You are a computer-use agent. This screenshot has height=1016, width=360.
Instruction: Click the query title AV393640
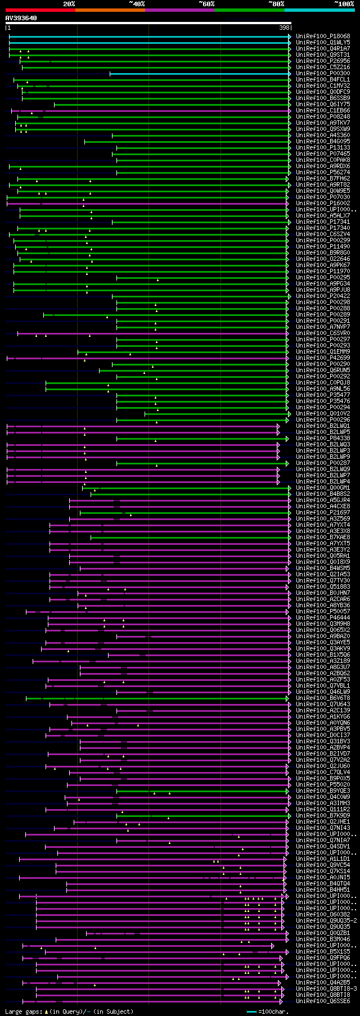point(21,18)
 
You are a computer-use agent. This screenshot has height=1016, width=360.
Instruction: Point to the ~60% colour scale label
point(206,4)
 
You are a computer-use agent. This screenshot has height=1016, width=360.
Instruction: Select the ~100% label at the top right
point(344,4)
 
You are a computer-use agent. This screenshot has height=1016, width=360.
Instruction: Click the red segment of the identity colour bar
point(40,10)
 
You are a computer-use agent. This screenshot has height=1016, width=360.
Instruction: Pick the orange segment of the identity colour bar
point(110,10)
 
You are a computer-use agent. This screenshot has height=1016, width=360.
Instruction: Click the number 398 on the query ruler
point(284,28)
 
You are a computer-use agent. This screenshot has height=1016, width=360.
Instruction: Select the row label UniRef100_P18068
point(322,37)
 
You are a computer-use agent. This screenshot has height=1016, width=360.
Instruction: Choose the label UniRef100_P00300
point(322,74)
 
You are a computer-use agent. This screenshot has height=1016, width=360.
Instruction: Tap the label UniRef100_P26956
point(322,61)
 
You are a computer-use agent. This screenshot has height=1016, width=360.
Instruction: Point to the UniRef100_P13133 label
point(322,148)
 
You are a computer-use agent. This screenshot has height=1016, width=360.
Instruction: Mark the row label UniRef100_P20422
point(322,296)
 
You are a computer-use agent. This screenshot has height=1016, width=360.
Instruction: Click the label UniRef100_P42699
point(322,358)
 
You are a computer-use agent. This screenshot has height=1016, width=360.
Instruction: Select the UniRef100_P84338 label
point(322,439)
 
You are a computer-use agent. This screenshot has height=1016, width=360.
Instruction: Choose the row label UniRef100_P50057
point(322,612)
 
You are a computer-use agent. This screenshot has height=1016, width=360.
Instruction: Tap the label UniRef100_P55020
point(322,785)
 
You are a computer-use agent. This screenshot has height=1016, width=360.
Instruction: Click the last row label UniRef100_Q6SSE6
point(322,1001)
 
